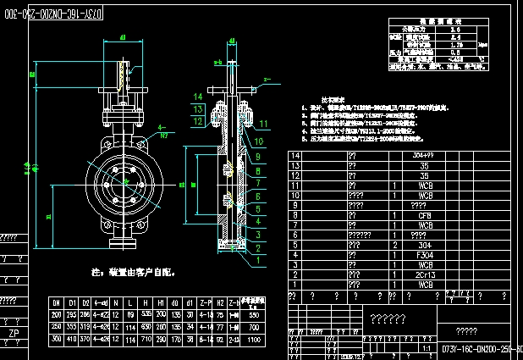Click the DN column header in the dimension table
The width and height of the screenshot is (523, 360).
[x=56, y=302]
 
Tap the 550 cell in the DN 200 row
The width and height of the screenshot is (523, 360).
[x=253, y=313]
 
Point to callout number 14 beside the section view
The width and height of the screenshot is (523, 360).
[x=197, y=97]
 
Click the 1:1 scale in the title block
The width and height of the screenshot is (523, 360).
[x=422, y=347]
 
